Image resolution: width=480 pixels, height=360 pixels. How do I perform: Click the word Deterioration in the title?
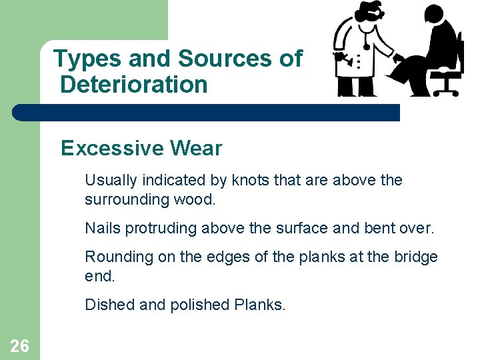133,85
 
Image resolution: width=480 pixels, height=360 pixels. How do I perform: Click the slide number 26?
19,345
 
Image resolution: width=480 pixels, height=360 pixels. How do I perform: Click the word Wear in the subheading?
199,147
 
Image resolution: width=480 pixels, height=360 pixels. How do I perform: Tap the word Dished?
105,305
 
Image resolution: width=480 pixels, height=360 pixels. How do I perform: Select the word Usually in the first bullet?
109,180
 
